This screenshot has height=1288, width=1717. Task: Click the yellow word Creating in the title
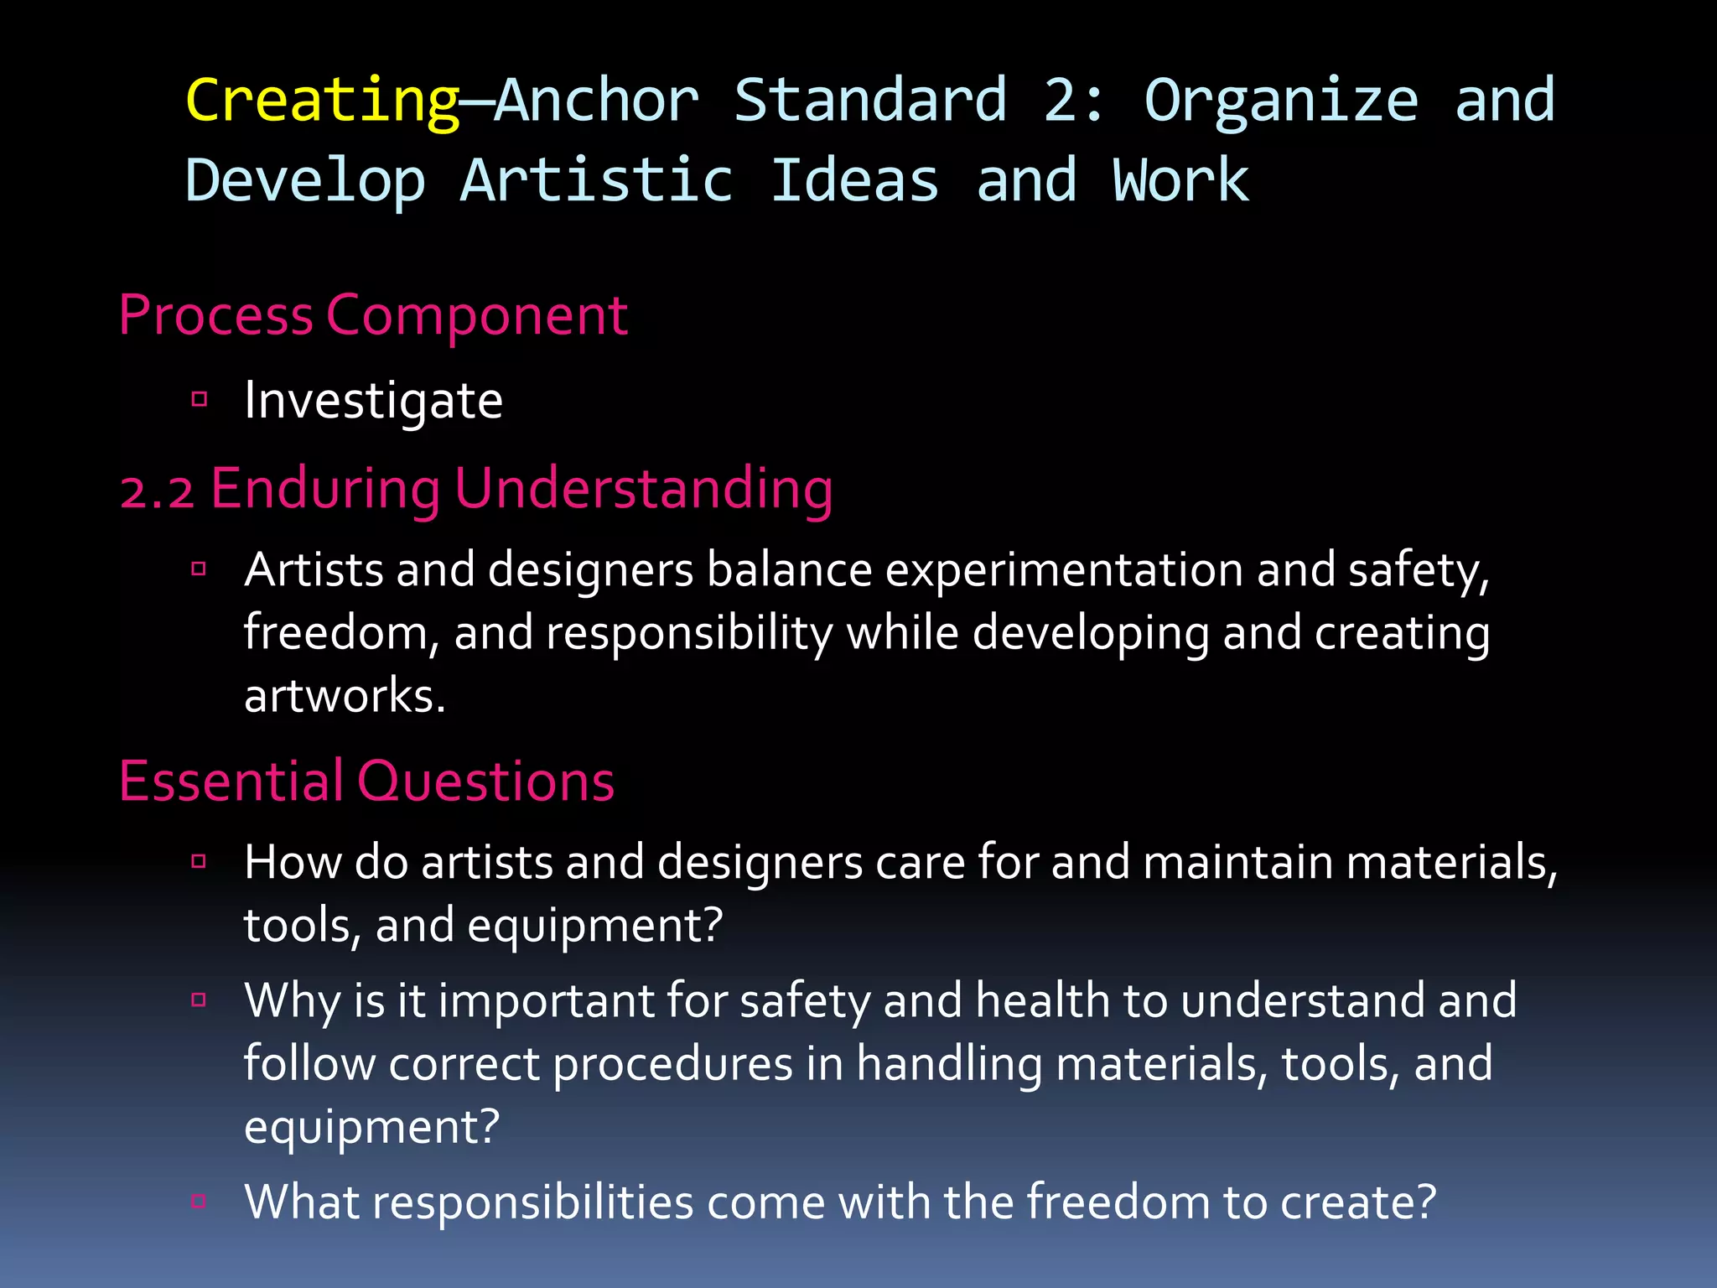(322, 101)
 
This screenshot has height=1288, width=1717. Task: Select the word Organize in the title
(1281, 101)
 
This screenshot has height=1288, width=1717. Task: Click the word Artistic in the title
(597, 181)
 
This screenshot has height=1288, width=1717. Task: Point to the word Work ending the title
(1180, 181)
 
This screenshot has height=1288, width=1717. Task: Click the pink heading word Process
(215, 316)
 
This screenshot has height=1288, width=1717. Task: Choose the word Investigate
(373, 401)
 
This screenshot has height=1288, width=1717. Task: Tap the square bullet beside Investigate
(200, 399)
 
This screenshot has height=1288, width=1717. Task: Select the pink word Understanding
(644, 489)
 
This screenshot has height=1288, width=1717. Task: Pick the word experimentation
(1064, 570)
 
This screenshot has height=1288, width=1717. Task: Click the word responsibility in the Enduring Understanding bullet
(689, 633)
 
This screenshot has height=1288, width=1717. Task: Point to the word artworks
(344, 695)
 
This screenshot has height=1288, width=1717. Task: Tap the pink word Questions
(486, 782)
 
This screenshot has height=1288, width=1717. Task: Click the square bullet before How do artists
(200, 861)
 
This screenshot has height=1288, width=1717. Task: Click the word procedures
(672, 1064)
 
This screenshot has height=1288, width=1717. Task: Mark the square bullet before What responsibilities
(200, 1201)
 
